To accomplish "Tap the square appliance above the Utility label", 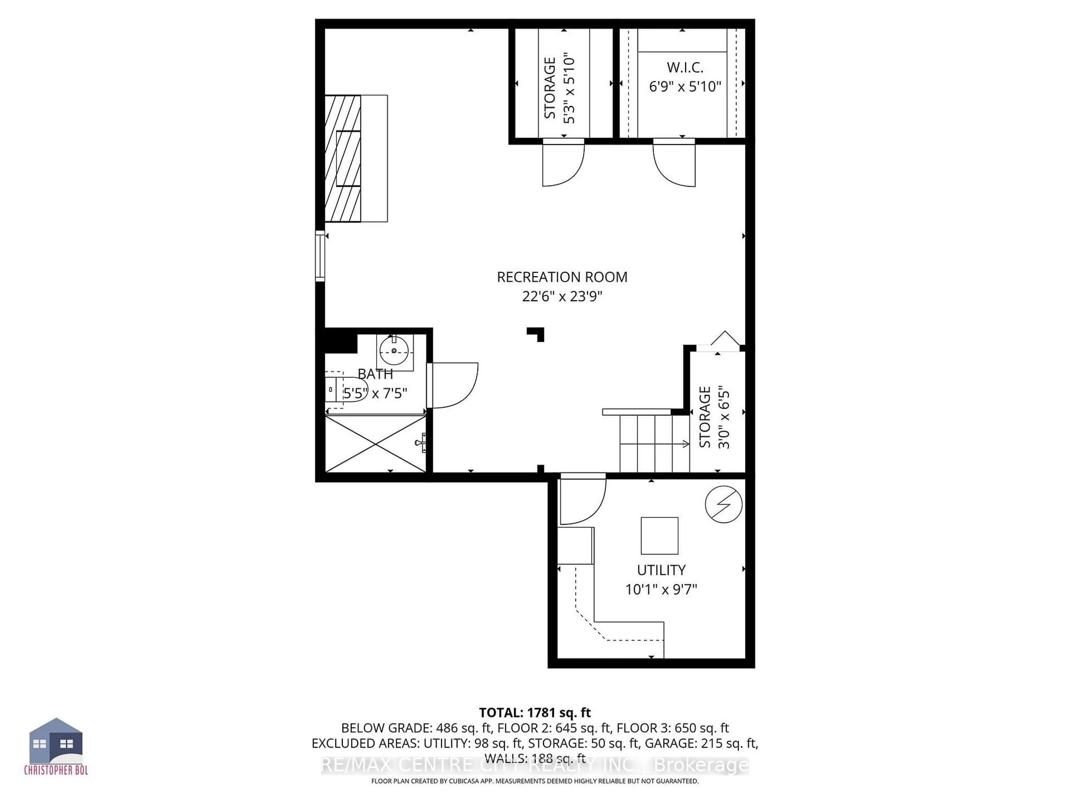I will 659,535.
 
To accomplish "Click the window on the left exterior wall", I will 320,256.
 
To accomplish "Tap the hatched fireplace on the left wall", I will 343,158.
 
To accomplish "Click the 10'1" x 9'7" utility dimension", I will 661,589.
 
